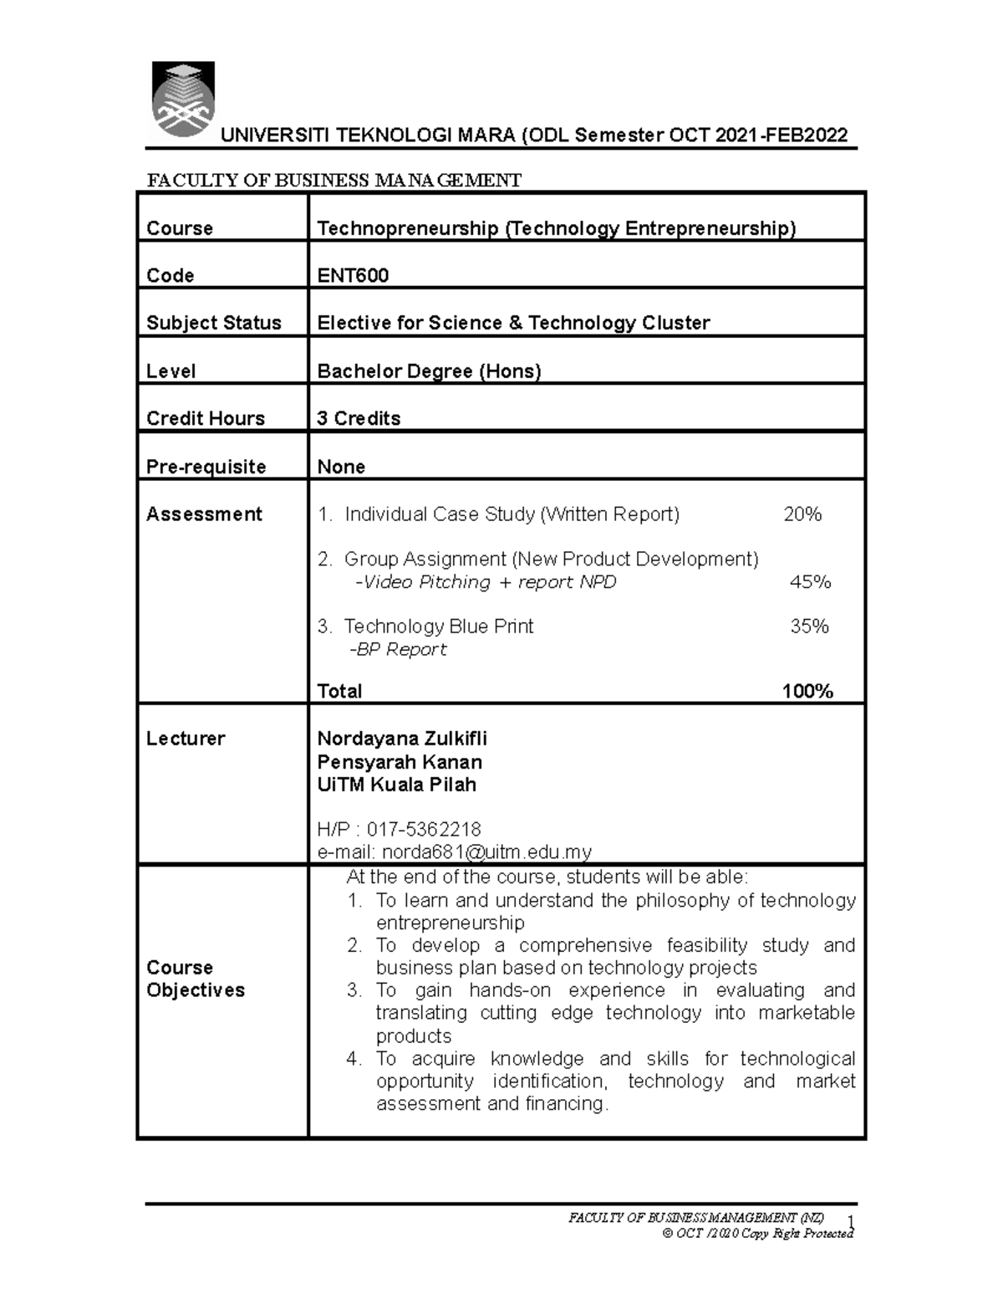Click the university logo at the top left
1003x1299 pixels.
point(183,100)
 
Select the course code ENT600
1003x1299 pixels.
point(353,276)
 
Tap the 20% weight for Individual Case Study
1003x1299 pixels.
point(802,514)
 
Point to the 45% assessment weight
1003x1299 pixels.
point(810,582)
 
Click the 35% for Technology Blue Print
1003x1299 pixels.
point(809,626)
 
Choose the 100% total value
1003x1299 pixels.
point(807,691)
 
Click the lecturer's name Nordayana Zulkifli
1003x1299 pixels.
point(402,739)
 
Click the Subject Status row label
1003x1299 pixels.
point(214,323)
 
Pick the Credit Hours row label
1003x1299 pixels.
point(206,418)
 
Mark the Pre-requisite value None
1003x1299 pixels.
point(341,467)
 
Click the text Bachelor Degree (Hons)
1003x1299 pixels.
point(429,371)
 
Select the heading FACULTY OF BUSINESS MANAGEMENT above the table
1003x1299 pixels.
point(334,181)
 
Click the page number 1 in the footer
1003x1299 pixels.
point(850,1221)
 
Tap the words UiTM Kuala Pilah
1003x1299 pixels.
point(396,785)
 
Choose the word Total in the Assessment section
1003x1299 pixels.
point(339,691)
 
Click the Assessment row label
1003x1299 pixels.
point(204,514)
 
